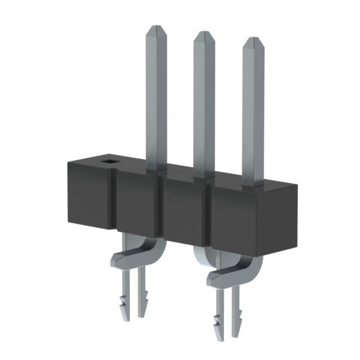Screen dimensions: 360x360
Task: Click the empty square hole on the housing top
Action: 106,163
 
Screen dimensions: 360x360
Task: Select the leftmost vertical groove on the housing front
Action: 113,202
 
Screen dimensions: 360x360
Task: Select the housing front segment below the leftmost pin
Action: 136,205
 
